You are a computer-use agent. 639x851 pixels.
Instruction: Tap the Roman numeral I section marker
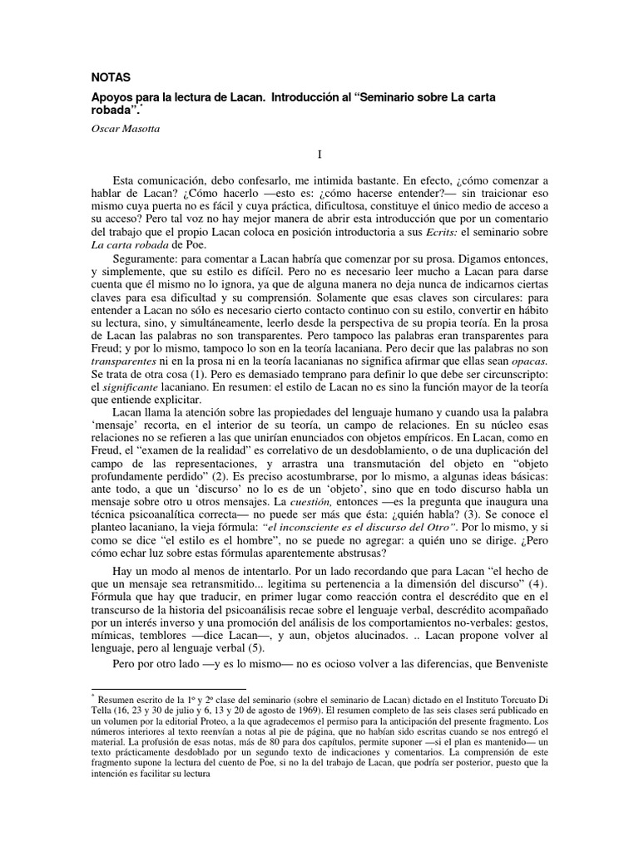(319, 155)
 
